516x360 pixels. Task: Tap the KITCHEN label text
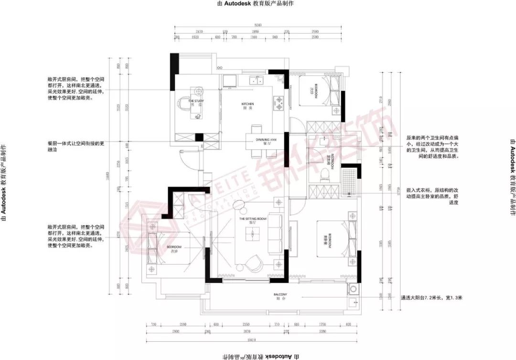pos(247,104)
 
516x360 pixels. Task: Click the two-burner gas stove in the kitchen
pos(279,101)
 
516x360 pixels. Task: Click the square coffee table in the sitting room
pos(252,233)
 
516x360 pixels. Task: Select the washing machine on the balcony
pos(353,289)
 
